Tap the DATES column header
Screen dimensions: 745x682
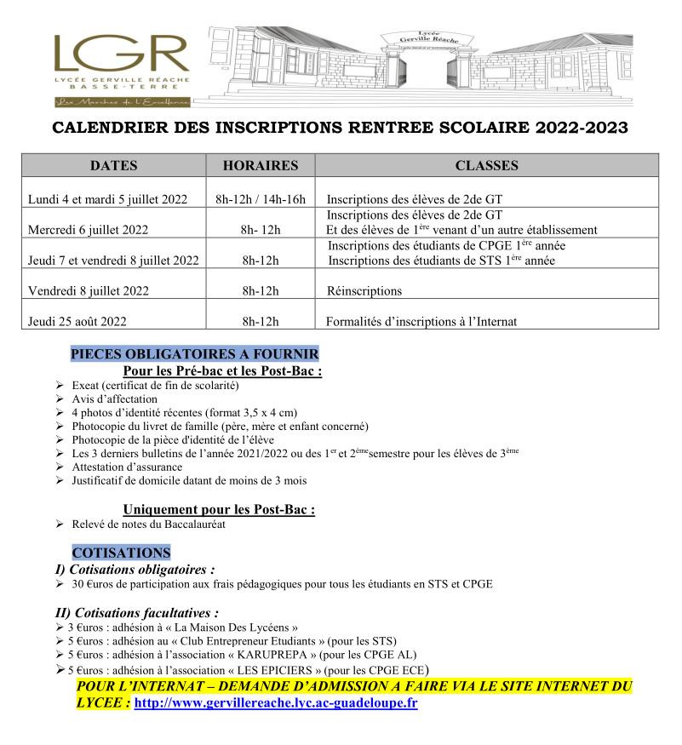[x=114, y=165]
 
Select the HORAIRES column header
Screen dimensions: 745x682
[x=260, y=165]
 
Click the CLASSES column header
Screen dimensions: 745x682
[x=486, y=165]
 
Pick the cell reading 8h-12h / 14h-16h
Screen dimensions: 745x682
[x=260, y=199]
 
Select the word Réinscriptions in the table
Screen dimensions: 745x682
[x=364, y=291]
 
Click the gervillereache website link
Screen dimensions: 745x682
[x=276, y=705]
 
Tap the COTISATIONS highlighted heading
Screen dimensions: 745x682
[x=121, y=553]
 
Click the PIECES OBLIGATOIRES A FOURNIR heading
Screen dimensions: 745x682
[x=195, y=354]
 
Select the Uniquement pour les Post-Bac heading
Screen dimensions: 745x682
[x=219, y=509]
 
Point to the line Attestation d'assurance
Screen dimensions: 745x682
[x=127, y=467]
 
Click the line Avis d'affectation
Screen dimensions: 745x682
[x=115, y=398]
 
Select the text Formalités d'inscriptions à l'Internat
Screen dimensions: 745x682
[x=421, y=322]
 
